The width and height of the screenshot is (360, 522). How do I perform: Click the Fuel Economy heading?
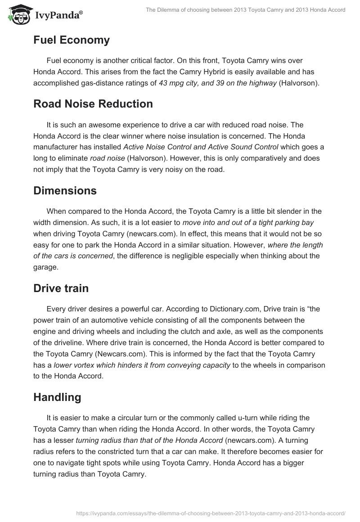pos(72,40)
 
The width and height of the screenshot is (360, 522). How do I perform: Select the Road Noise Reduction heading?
pos(93,104)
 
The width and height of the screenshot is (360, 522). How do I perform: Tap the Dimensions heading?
pos(65,190)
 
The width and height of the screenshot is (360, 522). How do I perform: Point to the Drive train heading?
pos(61,288)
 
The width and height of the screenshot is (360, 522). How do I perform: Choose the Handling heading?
pos(57,397)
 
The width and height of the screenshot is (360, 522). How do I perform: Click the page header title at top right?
pos(246,10)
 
